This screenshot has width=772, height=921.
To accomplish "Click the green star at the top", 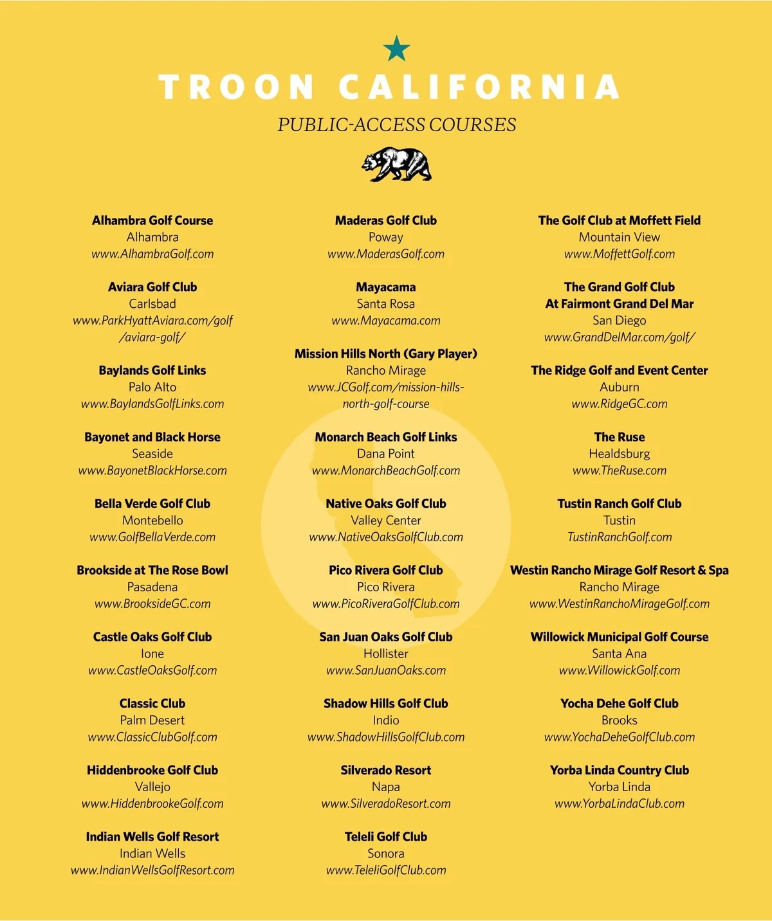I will (x=396, y=48).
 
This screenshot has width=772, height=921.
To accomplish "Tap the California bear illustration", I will (x=396, y=165).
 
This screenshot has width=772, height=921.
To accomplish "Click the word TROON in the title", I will (x=237, y=87).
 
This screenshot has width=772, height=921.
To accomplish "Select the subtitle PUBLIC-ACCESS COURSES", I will (x=396, y=125).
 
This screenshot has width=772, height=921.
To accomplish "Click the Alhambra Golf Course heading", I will (x=152, y=220).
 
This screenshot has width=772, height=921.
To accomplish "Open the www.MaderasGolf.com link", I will (x=386, y=254).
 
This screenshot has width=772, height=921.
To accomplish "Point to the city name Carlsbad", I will (x=152, y=303).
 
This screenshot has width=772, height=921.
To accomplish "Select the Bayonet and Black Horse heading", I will (x=152, y=437).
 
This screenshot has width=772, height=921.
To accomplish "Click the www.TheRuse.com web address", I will (x=620, y=470).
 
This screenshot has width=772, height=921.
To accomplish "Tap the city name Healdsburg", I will (x=620, y=454).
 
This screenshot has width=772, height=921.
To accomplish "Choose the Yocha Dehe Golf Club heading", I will (x=620, y=703).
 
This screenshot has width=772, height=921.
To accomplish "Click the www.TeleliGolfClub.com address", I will (x=386, y=870).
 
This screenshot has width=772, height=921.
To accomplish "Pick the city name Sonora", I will (x=386, y=854).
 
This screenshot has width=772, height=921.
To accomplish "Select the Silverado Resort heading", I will (x=386, y=770).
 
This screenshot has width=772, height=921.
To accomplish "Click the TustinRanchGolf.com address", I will (x=620, y=537).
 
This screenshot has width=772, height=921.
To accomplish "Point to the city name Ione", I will (x=152, y=654).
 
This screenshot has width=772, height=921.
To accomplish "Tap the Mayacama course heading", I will (x=386, y=287).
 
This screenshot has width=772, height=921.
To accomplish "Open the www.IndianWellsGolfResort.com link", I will (x=152, y=870).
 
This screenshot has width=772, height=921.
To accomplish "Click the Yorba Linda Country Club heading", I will (x=620, y=770).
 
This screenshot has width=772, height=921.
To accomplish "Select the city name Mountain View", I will (x=620, y=237).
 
